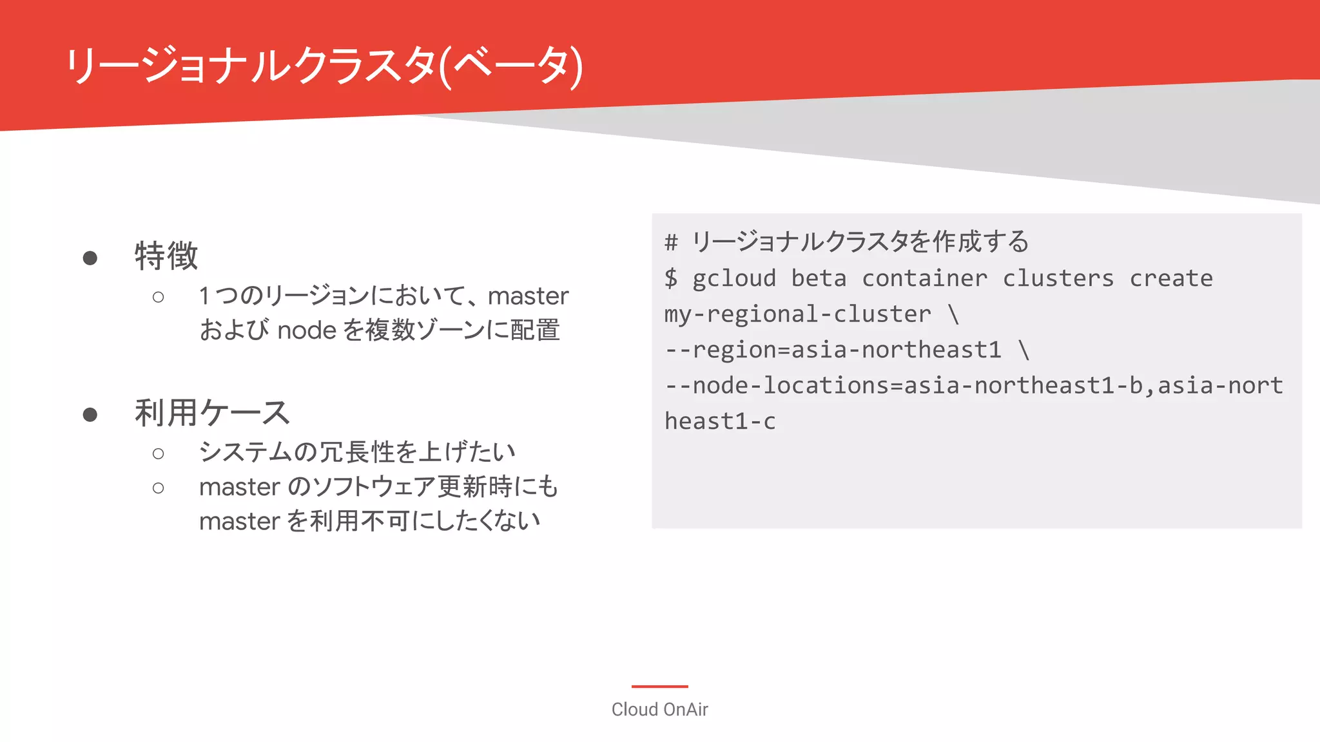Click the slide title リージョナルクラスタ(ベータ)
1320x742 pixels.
tap(324, 66)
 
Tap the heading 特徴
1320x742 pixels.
tap(166, 256)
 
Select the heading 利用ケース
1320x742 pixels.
tap(212, 413)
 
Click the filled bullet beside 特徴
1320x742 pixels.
tap(90, 258)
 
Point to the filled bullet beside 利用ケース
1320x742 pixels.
tap(90, 415)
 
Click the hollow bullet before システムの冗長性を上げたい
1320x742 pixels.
tap(158, 454)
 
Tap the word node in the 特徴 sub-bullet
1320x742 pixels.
tap(307, 330)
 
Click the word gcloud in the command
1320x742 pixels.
tap(734, 278)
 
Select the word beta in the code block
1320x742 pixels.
tap(819, 278)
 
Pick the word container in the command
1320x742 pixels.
tap(924, 278)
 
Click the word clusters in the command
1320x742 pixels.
tap(1058, 278)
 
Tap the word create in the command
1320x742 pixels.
tap(1171, 278)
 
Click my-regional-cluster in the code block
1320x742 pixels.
tap(798, 314)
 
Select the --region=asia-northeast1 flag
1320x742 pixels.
tap(833, 350)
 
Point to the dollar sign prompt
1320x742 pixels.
tap(671, 278)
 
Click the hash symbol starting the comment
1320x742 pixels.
tap(671, 242)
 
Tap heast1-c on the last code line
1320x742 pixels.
tap(720, 421)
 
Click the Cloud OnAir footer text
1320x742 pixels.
tap(659, 709)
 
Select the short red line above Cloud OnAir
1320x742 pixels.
tap(659, 687)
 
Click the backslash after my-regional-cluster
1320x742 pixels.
tap(953, 314)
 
